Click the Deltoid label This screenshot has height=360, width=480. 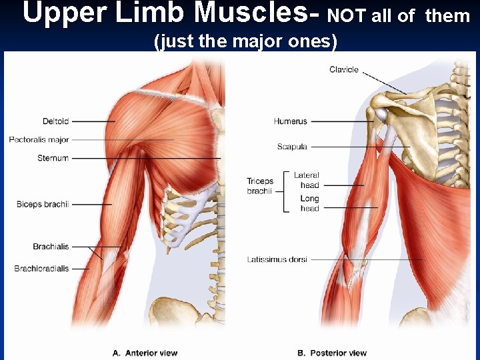point(55,121)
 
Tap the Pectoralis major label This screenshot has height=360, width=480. point(39,140)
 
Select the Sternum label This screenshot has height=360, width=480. point(53,158)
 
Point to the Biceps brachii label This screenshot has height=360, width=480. point(43,204)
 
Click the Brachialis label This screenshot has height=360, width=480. point(51,247)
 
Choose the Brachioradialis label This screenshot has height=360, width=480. point(41,269)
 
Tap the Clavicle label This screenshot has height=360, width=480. point(344,69)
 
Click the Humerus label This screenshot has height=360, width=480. point(290,121)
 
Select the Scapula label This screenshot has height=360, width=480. point(292,147)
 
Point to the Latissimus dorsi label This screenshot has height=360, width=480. point(277,259)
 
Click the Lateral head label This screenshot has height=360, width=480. point(307,180)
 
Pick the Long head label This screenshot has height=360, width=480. point(309,203)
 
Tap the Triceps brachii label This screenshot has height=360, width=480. point(260,186)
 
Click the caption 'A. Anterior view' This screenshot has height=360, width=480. point(145,353)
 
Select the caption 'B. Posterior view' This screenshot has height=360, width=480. point(331,353)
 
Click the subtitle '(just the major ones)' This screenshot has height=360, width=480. point(245,41)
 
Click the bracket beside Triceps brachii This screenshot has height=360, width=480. point(285,192)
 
